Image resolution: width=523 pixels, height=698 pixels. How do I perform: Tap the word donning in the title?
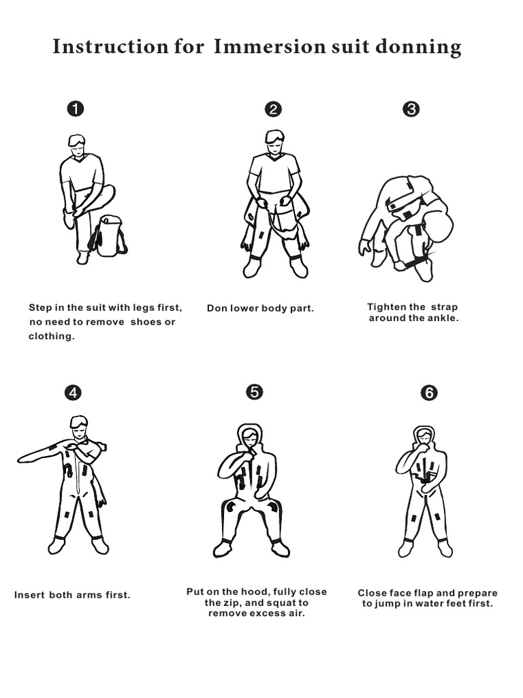pyautogui.click(x=422, y=48)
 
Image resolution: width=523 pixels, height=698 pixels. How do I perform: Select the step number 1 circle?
pyautogui.click(x=75, y=109)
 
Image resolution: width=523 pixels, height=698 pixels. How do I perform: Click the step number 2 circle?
pyautogui.click(x=272, y=109)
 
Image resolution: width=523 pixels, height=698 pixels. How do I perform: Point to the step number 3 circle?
pyautogui.click(x=411, y=109)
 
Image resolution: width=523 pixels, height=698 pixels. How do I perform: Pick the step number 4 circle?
pyautogui.click(x=72, y=393)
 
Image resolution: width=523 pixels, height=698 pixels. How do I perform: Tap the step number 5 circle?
pyautogui.click(x=253, y=391)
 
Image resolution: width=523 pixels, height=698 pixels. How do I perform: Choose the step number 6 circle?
pyautogui.click(x=429, y=393)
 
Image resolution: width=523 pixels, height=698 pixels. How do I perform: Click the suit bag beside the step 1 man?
pyautogui.click(x=108, y=236)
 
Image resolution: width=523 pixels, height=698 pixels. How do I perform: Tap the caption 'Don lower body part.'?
pyautogui.click(x=260, y=308)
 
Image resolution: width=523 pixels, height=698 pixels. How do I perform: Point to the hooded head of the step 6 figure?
pyautogui.click(x=424, y=436)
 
